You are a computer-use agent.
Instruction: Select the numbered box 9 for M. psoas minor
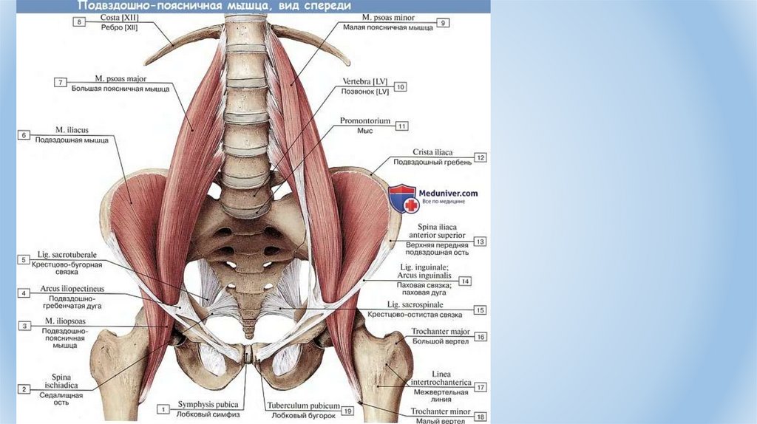pyautogui.click(x=442, y=23)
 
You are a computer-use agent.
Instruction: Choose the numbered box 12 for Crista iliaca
pyautogui.click(x=480, y=157)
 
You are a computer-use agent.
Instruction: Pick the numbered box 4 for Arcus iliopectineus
pyautogui.click(x=24, y=293)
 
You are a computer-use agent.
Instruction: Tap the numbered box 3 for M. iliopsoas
pyautogui.click(x=24, y=326)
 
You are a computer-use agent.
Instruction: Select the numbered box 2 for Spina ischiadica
pyautogui.click(x=24, y=389)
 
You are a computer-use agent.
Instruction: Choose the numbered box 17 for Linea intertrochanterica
pyautogui.click(x=480, y=386)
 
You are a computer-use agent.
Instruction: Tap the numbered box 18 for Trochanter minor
pyautogui.click(x=480, y=417)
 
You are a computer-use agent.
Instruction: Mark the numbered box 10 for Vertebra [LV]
pyautogui.click(x=401, y=86)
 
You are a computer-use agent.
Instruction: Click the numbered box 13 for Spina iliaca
pyautogui.click(x=480, y=242)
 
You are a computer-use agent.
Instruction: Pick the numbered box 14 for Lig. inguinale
pyautogui.click(x=465, y=281)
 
